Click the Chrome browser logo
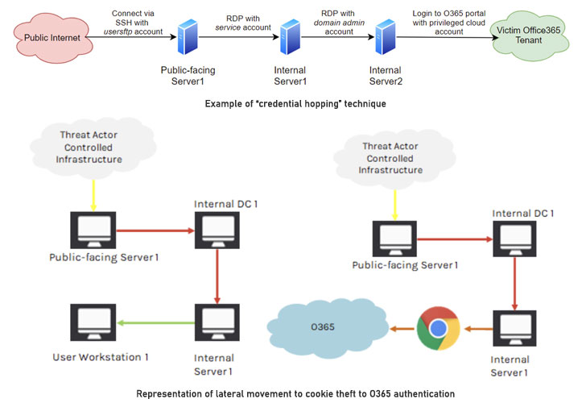[437, 328]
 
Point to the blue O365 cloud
[346, 327]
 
